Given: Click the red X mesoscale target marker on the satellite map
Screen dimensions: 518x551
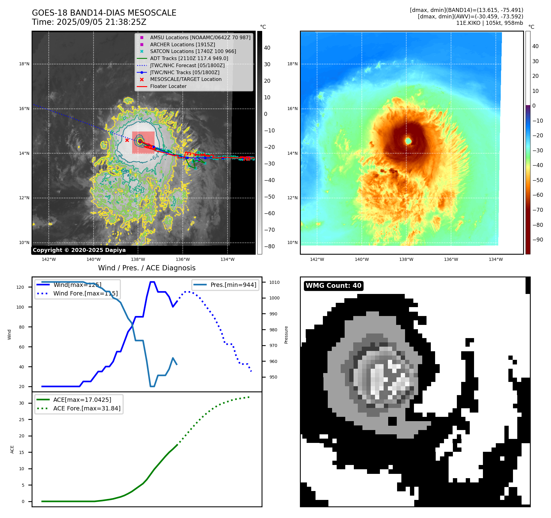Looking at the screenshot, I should pyautogui.click(x=127, y=140).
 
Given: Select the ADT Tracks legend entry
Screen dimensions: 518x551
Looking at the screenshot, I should pyautogui.click(x=189, y=58).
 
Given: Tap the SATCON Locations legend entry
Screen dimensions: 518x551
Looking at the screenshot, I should pyautogui.click(x=193, y=51).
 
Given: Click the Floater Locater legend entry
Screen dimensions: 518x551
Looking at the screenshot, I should pyautogui.click(x=168, y=86).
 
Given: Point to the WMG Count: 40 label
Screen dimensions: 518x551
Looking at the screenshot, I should pyautogui.click(x=333, y=286).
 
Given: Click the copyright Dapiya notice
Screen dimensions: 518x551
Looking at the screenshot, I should pyautogui.click(x=79, y=250).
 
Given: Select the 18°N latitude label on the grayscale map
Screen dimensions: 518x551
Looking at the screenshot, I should pyautogui.click(x=24, y=64).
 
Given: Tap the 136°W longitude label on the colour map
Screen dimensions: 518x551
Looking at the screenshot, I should pyautogui.click(x=451, y=259).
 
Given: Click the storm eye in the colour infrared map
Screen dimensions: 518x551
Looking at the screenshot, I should pyautogui.click(x=408, y=141).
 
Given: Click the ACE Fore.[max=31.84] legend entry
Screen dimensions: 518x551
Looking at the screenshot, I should pyautogui.click(x=87, y=408).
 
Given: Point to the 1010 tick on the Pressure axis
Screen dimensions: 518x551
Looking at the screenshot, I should pyautogui.click(x=274, y=282).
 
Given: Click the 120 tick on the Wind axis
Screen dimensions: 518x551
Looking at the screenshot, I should pyautogui.click(x=20, y=287).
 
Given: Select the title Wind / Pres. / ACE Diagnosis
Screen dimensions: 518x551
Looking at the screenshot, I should pyautogui.click(x=147, y=268).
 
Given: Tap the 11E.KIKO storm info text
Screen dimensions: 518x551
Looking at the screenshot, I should pyautogui.click(x=489, y=23).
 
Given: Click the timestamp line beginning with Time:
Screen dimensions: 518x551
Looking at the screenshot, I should pyautogui.click(x=89, y=22).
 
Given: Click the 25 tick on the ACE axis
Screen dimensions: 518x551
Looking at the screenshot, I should pyautogui.click(x=21, y=420).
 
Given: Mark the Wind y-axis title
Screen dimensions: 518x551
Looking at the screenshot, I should pyautogui.click(x=10, y=334).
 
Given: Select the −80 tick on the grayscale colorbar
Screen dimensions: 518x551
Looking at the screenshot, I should pyautogui.click(x=270, y=246).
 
